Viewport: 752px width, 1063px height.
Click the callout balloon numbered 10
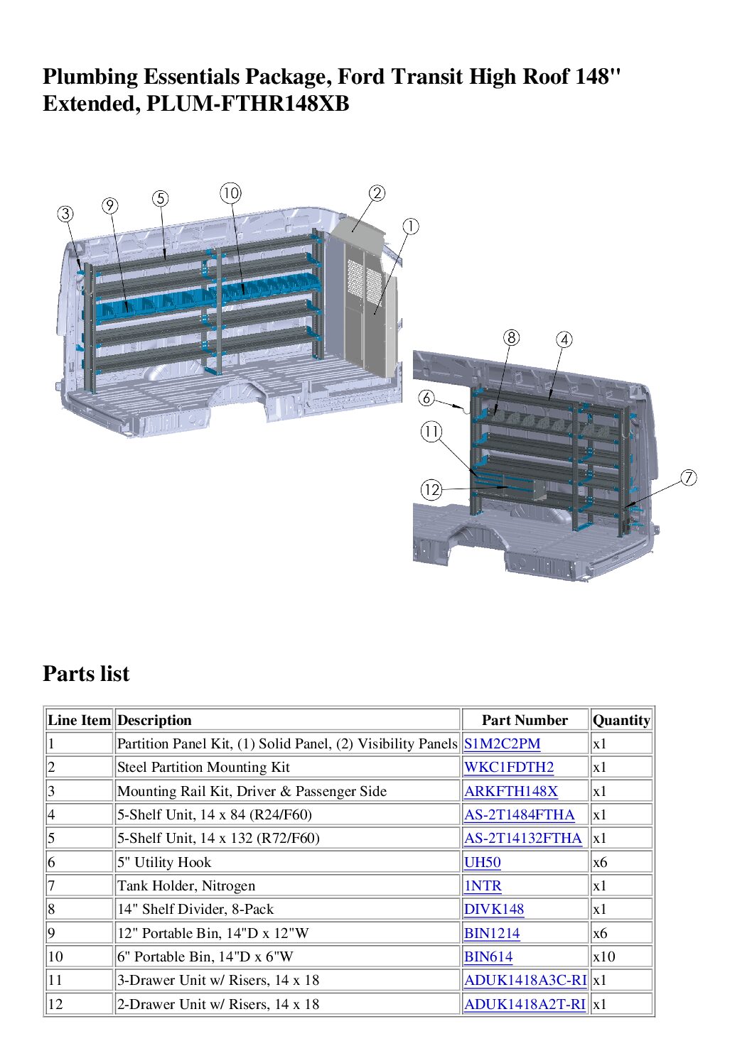[231, 193]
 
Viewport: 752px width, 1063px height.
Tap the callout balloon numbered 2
[377, 193]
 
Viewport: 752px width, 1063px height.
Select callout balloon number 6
[426, 398]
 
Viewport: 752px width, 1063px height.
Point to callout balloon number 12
[431, 489]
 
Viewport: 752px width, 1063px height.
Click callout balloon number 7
[688, 477]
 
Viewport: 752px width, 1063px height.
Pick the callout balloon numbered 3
[65, 214]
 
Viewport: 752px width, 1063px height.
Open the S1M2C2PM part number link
[502, 743]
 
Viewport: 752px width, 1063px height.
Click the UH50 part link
[482, 862]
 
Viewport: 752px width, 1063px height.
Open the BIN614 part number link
[488, 956]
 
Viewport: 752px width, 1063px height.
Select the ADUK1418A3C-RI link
[525, 981]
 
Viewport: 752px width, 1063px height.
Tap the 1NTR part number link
[483, 886]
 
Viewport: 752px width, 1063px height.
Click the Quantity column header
[621, 720]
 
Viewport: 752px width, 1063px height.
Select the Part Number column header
[525, 720]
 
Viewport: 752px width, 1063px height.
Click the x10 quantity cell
[603, 956]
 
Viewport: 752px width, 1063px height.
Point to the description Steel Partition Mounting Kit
[203, 768]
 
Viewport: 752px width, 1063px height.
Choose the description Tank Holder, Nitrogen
[186, 886]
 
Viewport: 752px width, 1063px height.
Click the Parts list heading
[86, 674]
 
